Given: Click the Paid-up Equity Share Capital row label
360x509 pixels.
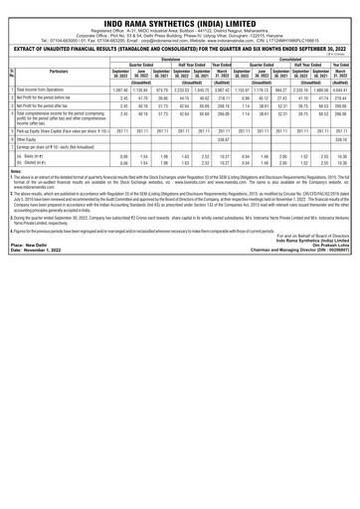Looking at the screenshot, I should click(x=59, y=186).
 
